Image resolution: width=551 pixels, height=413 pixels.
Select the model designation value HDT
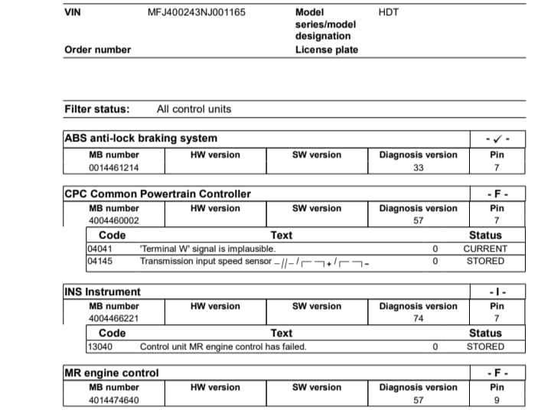pyautogui.click(x=388, y=12)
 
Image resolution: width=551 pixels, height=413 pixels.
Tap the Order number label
pyautogui.click(x=97, y=50)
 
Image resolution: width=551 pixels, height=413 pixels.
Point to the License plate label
pyautogui.click(x=326, y=50)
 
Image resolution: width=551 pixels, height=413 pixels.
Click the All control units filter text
pyautogui.click(x=194, y=109)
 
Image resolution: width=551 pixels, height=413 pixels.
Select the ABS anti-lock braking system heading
pyautogui.click(x=141, y=138)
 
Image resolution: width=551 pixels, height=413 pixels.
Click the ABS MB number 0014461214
pyautogui.click(x=114, y=167)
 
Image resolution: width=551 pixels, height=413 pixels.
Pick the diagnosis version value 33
pyautogui.click(x=418, y=167)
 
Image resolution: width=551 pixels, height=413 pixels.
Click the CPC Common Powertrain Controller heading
pyautogui.click(x=158, y=193)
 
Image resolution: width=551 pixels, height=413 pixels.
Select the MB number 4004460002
pyautogui.click(x=114, y=221)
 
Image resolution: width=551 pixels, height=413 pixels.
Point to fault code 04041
pyautogui.click(x=101, y=249)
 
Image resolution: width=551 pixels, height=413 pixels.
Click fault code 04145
pyautogui.click(x=101, y=261)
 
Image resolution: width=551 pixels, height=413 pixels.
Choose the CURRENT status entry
pyautogui.click(x=485, y=249)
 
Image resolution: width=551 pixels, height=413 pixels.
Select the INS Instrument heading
pyautogui.click(x=103, y=291)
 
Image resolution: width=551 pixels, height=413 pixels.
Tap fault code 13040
pyautogui.click(x=101, y=346)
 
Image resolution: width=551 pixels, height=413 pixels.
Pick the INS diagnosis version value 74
pyautogui.click(x=418, y=319)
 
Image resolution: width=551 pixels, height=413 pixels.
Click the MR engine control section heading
pyautogui.click(x=112, y=372)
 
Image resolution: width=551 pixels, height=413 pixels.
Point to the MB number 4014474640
pyautogui.click(x=114, y=400)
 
